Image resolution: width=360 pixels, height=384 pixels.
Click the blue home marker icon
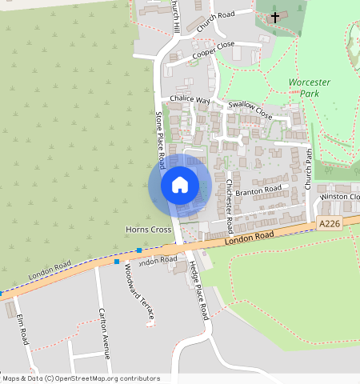click(x=179, y=185)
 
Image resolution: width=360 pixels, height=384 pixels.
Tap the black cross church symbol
click(x=275, y=16)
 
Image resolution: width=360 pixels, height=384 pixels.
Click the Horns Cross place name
click(x=149, y=230)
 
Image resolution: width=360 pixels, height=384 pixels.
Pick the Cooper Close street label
click(x=213, y=50)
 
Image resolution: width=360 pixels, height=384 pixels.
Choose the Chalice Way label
click(x=190, y=101)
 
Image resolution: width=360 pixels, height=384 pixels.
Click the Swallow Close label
click(x=250, y=110)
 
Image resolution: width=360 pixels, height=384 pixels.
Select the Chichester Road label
click(x=228, y=199)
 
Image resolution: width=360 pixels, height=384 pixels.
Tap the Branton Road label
click(x=259, y=190)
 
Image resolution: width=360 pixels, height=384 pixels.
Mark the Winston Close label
click(x=340, y=197)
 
